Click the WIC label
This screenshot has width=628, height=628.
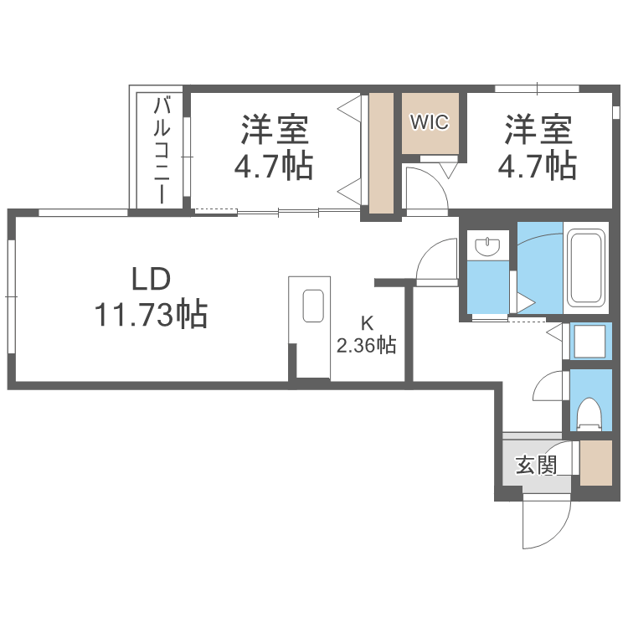[x=430, y=121]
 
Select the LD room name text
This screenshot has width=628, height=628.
[x=151, y=278]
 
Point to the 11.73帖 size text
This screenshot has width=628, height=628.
[x=151, y=315]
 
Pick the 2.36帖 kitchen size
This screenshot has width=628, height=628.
[x=366, y=344]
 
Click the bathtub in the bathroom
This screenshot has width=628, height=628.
[x=585, y=266]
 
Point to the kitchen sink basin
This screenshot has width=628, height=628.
[x=313, y=306]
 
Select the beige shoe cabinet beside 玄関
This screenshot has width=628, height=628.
[x=596, y=463]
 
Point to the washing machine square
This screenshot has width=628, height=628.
[x=591, y=342]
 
